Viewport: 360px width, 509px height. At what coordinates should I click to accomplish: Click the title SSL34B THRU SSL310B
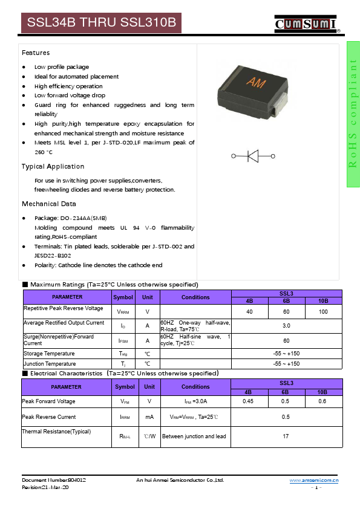click(x=101, y=24)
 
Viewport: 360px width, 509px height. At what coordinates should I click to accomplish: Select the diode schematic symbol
click(x=254, y=156)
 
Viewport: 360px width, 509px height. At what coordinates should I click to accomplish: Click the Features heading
click(x=36, y=53)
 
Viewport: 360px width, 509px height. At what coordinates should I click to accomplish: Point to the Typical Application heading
click(x=53, y=166)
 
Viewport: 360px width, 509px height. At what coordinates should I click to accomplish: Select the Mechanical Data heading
click(x=49, y=204)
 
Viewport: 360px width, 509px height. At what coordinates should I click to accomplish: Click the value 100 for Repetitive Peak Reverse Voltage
click(x=323, y=311)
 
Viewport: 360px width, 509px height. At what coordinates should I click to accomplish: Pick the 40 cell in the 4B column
click(x=249, y=311)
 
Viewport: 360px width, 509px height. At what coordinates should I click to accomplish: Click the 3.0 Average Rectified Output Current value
click(x=286, y=325)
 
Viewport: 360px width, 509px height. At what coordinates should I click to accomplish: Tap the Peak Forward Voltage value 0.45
click(x=248, y=401)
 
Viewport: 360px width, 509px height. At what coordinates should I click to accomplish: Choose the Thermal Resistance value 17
click(x=286, y=436)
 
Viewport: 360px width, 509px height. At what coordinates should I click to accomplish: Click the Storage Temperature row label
click(x=49, y=353)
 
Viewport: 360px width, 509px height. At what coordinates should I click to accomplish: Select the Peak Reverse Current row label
click(x=49, y=417)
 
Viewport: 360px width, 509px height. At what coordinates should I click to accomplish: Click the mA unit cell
click(x=149, y=417)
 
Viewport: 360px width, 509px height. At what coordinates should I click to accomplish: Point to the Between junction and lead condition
click(x=194, y=436)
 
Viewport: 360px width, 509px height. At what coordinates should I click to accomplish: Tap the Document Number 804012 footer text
click(x=54, y=480)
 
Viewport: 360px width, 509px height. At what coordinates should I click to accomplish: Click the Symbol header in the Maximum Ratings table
click(x=123, y=297)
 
